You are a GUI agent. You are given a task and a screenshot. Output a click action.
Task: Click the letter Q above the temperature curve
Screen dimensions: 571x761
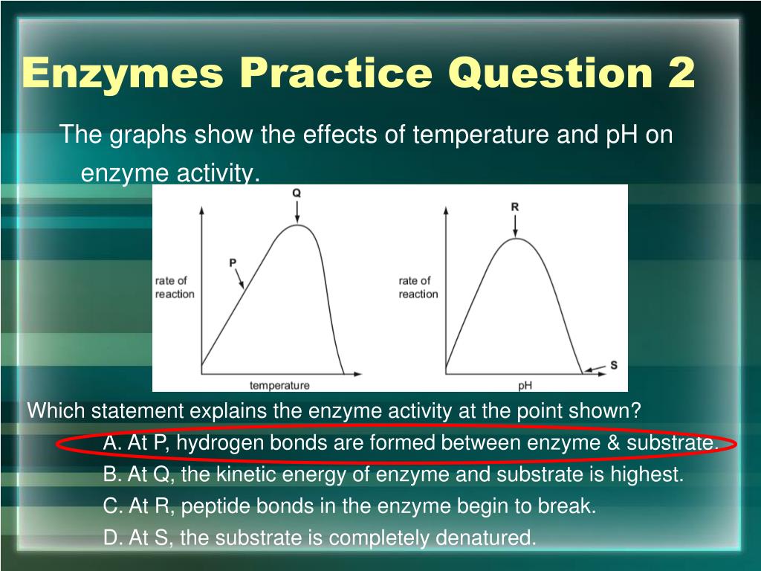(x=297, y=193)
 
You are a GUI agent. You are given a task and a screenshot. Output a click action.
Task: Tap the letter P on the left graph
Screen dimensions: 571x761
(x=233, y=262)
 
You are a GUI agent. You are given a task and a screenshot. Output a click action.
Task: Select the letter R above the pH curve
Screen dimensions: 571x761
(x=514, y=207)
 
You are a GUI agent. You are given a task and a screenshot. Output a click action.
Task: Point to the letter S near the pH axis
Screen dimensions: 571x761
(x=613, y=365)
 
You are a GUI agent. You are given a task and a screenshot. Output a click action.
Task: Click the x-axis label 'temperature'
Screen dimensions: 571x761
(x=279, y=385)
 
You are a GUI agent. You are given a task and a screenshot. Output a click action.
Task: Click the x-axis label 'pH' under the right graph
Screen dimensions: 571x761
(x=525, y=385)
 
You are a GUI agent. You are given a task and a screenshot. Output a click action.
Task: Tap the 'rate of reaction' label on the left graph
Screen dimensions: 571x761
(x=175, y=287)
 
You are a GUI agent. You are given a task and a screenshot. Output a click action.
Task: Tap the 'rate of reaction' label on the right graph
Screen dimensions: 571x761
(x=418, y=287)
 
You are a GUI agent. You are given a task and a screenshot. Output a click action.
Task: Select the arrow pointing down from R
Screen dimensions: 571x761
(x=515, y=227)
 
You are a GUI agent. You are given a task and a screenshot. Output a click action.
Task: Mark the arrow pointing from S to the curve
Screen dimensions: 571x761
(x=595, y=369)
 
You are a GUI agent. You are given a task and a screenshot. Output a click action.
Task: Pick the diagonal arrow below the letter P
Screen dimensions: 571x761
(x=240, y=280)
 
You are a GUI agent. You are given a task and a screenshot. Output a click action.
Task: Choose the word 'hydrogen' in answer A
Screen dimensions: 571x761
(x=212, y=443)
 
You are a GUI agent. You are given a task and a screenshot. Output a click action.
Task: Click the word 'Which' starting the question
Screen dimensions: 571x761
(x=51, y=410)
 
